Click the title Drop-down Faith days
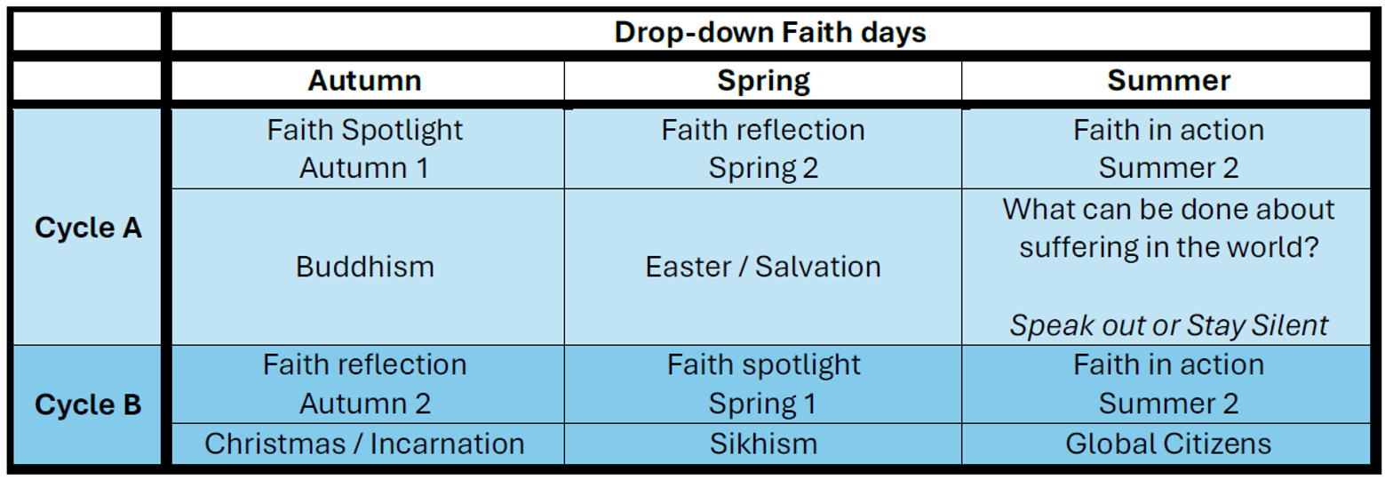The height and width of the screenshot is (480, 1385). coord(769,32)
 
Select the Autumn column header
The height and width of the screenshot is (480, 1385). coord(365,80)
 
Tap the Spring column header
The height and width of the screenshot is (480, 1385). coord(763,81)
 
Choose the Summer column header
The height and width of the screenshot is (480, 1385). coord(1168,80)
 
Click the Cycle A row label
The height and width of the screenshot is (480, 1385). coord(88,228)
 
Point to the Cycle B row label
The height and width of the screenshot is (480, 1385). coord(88,404)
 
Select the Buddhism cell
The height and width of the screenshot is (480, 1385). coord(365,268)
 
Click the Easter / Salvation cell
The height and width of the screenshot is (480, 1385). coord(763,268)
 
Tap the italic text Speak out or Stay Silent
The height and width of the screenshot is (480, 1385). coord(1168,325)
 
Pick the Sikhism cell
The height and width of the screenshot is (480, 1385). coord(763,444)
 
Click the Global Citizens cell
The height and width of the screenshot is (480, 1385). coord(1168,444)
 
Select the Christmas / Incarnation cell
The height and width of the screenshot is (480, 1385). coord(365,444)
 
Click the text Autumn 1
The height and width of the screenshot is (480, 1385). coord(365,168)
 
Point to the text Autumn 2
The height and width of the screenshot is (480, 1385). coord(365,404)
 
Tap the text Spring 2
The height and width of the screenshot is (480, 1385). coord(763,168)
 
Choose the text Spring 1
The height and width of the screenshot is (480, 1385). coord(763,404)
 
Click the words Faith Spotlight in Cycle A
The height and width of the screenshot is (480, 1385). coord(365,131)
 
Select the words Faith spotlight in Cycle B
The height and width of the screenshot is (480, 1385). coord(763,365)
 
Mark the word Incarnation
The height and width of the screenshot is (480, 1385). coord(447,444)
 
